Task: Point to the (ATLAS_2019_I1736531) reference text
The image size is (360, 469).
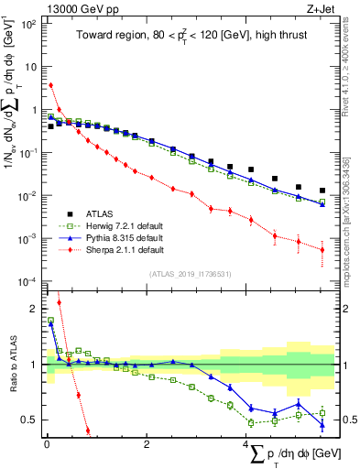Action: pos(190,274)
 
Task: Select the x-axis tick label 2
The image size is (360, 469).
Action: pos(147,444)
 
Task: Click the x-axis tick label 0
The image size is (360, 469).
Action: pos(46,444)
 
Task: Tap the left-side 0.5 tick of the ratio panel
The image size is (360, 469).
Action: pos(31,420)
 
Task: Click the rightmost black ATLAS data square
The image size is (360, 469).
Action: pos(322,191)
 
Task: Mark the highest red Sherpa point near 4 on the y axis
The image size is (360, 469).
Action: pos(51,85)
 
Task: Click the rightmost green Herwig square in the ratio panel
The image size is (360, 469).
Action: pos(322,412)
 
